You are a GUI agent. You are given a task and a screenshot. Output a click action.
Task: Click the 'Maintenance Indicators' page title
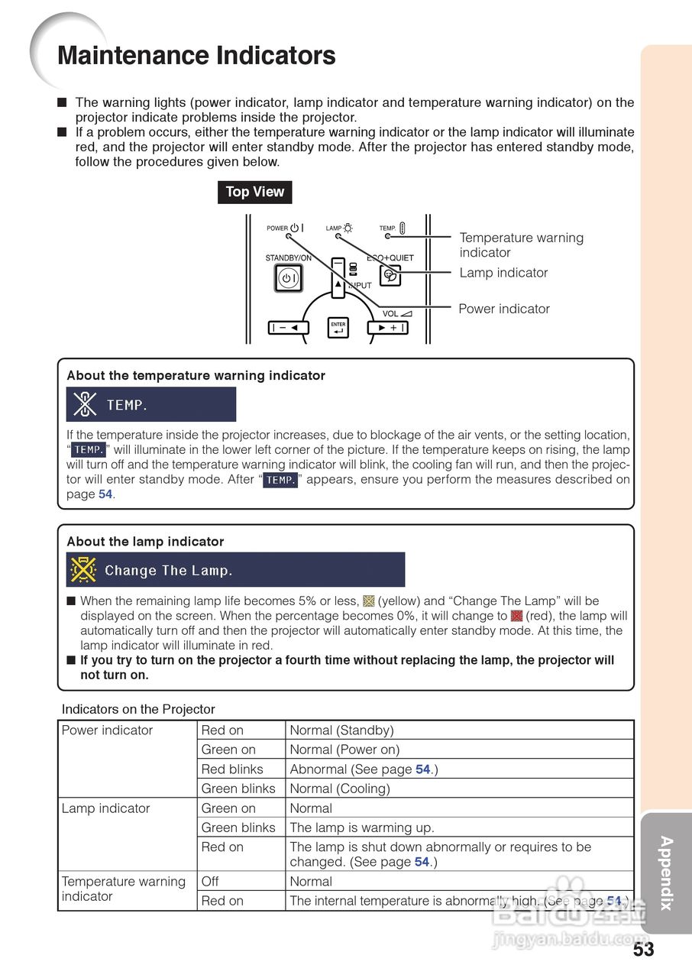coord(196,56)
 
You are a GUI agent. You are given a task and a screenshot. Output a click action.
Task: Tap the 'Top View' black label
coord(254,192)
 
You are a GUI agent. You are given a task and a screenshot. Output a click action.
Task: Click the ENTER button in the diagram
coord(338,328)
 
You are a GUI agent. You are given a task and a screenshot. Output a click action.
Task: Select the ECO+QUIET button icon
coord(390,275)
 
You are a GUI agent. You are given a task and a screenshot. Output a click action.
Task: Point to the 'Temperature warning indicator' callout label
coord(521,245)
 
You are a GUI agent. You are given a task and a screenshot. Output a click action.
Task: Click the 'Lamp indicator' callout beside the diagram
coord(503,273)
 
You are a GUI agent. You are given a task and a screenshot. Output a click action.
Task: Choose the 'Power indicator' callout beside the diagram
coord(504,309)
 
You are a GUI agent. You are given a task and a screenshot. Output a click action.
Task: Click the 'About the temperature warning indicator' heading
coord(196,376)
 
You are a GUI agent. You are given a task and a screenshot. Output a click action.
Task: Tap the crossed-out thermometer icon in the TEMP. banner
coord(85,404)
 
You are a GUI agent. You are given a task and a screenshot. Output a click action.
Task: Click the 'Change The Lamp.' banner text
coord(168,571)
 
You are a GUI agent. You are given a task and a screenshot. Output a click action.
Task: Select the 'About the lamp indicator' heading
coord(145,542)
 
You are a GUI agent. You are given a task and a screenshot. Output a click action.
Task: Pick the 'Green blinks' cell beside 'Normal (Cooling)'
coord(238,789)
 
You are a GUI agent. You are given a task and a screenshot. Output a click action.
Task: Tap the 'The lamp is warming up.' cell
coord(361,827)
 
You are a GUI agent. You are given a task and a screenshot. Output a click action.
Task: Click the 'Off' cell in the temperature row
coord(210,882)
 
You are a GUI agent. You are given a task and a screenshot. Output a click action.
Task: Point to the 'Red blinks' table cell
coord(231,769)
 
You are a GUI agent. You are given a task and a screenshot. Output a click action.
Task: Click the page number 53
coord(643,950)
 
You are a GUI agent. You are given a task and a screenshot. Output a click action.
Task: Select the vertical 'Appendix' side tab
coord(666,873)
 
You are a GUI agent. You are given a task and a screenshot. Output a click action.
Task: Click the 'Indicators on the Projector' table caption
coord(138,709)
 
